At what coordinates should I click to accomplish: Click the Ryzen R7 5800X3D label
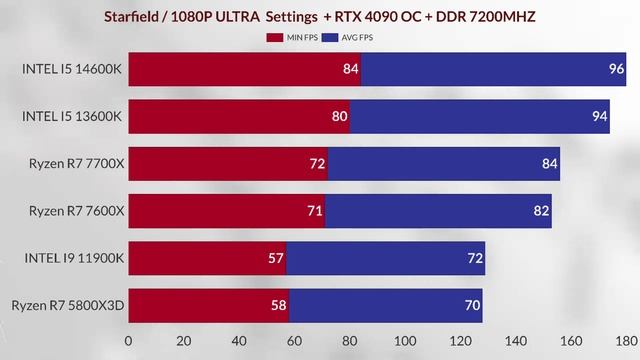click(x=67, y=304)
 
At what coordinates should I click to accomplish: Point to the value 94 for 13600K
click(x=599, y=116)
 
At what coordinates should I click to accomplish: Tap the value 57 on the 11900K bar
click(x=275, y=257)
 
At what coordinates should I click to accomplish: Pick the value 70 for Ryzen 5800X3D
click(x=471, y=304)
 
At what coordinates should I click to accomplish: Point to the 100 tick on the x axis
click(x=404, y=340)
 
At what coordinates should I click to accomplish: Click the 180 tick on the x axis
click(x=625, y=340)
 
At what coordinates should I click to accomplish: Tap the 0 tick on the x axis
click(x=128, y=340)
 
